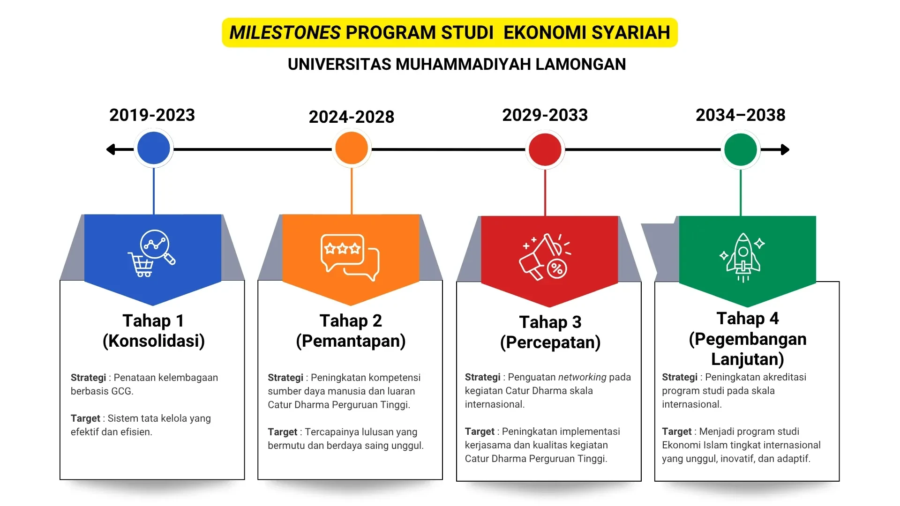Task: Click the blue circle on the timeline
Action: [x=154, y=148]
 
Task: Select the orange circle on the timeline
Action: [x=352, y=148]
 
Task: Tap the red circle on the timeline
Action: [x=545, y=149]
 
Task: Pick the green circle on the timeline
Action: [x=741, y=149]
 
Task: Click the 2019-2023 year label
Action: [x=152, y=115]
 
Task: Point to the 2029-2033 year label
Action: [x=545, y=115]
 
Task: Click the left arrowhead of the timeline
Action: [x=111, y=149]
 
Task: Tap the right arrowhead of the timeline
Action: [x=785, y=149]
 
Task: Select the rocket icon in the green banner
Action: [x=743, y=258]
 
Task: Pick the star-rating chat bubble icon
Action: [x=350, y=257]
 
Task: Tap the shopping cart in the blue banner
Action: [x=141, y=265]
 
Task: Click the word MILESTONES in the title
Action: [x=285, y=33]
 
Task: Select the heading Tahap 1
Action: [x=153, y=321]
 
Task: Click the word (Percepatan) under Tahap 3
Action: [x=550, y=342]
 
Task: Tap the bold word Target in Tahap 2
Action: [x=282, y=432]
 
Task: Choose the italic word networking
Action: [x=582, y=377]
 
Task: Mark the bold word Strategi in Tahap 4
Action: [x=680, y=377]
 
